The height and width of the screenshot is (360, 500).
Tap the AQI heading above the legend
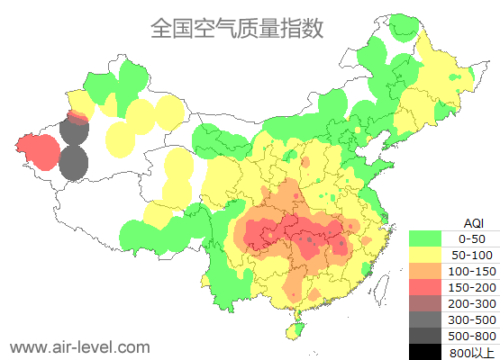point(472,222)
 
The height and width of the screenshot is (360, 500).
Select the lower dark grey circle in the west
point(74,164)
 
